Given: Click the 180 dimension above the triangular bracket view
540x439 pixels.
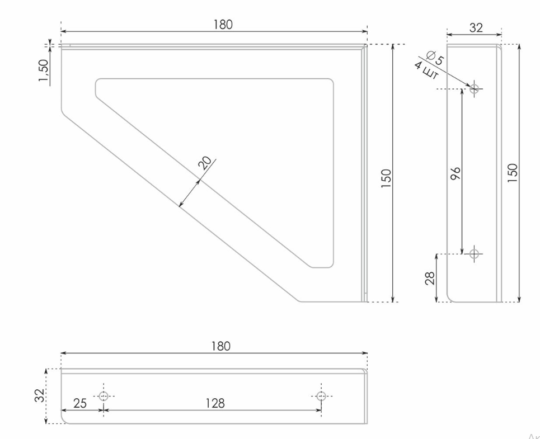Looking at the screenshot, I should pyautogui.click(x=223, y=25).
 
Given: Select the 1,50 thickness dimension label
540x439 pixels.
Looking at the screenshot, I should pyautogui.click(x=44, y=70).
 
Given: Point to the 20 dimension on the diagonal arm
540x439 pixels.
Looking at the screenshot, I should pyautogui.click(x=205, y=163).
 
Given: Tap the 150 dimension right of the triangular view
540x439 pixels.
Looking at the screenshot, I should pyautogui.click(x=386, y=178).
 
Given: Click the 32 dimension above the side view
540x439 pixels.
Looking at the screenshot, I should pyautogui.click(x=476, y=27).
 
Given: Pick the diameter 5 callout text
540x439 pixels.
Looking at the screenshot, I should pyautogui.click(x=435, y=58).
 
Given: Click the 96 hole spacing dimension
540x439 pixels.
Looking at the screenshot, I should pyautogui.click(x=455, y=173).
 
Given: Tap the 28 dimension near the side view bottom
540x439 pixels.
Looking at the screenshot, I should pyautogui.click(x=430, y=278).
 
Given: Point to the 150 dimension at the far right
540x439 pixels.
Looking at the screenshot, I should pyautogui.click(x=513, y=172).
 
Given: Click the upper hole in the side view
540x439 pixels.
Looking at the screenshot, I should pyautogui.click(x=475, y=88).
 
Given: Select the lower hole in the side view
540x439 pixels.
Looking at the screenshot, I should pyautogui.click(x=475, y=254).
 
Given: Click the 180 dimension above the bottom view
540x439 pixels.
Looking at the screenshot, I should pyautogui.click(x=220, y=346).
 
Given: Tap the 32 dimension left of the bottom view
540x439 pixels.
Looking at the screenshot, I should pyautogui.click(x=39, y=395).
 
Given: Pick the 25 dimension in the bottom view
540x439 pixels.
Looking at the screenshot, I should pyautogui.click(x=80, y=403).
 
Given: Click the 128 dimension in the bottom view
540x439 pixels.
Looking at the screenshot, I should pyautogui.click(x=214, y=403).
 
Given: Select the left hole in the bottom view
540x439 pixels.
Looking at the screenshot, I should pyautogui.click(x=104, y=396).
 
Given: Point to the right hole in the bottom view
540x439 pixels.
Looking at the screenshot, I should pyautogui.click(x=321, y=396).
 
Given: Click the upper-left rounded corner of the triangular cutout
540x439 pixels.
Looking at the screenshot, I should pyautogui.click(x=98, y=82).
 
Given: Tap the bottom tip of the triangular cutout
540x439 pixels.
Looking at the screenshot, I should pyautogui.click(x=322, y=266).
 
